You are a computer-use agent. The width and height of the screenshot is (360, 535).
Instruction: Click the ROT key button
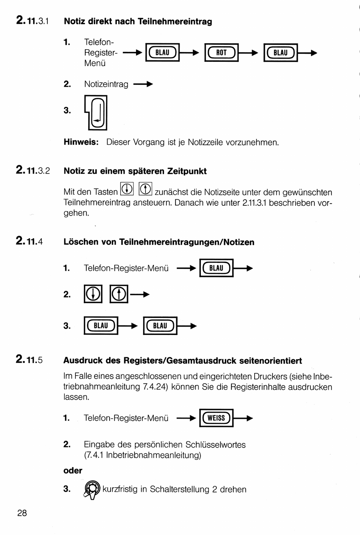click(221, 53)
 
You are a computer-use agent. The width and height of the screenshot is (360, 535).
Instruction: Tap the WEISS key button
click(216, 418)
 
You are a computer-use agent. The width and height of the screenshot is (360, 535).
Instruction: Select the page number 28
click(22, 513)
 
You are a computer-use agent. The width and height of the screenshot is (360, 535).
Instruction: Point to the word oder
click(73, 471)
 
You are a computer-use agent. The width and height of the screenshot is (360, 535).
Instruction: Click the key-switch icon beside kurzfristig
click(92, 490)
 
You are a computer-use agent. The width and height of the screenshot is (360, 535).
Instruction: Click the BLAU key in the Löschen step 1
click(216, 268)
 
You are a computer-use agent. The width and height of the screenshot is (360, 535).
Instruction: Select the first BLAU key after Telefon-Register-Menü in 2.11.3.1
click(162, 53)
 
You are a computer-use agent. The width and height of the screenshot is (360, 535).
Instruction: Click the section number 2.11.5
click(30, 360)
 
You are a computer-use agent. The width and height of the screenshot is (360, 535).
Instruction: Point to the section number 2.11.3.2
click(33, 171)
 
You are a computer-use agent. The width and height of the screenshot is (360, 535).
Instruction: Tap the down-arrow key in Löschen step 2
click(93, 294)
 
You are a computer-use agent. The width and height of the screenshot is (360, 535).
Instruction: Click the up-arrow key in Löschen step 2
click(119, 294)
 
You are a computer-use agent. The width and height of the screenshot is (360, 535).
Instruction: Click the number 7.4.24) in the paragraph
click(154, 387)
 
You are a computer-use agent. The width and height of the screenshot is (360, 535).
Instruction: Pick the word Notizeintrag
click(106, 84)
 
